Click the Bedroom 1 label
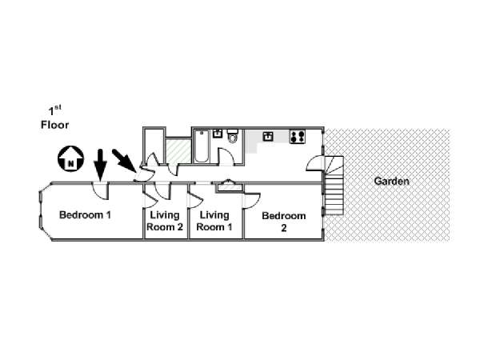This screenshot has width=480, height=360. [85, 214]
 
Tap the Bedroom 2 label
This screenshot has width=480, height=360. [284, 222]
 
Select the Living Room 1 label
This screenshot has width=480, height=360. [214, 221]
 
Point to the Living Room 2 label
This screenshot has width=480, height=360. [165, 221]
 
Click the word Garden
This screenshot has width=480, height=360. [392, 181]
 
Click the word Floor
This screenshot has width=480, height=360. [55, 125]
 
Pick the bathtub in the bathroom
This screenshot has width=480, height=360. [202, 147]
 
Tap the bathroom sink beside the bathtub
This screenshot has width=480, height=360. [217, 134]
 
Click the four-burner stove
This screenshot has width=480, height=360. [298, 136]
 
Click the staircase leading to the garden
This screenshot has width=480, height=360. [334, 192]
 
